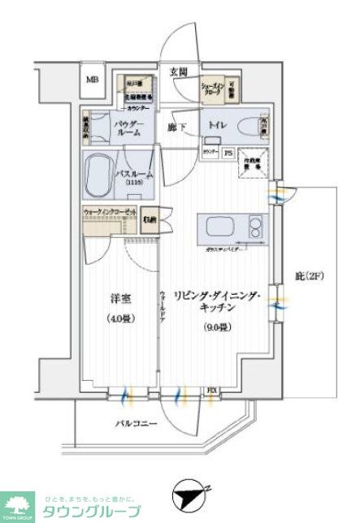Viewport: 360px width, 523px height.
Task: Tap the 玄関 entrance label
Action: [x=180, y=71]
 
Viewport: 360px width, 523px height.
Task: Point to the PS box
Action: [x=228, y=152]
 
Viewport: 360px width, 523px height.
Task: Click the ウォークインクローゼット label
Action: [x=111, y=213]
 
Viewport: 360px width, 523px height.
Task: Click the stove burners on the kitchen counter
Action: [x=255, y=226]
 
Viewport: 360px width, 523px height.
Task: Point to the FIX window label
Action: [x=211, y=390]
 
